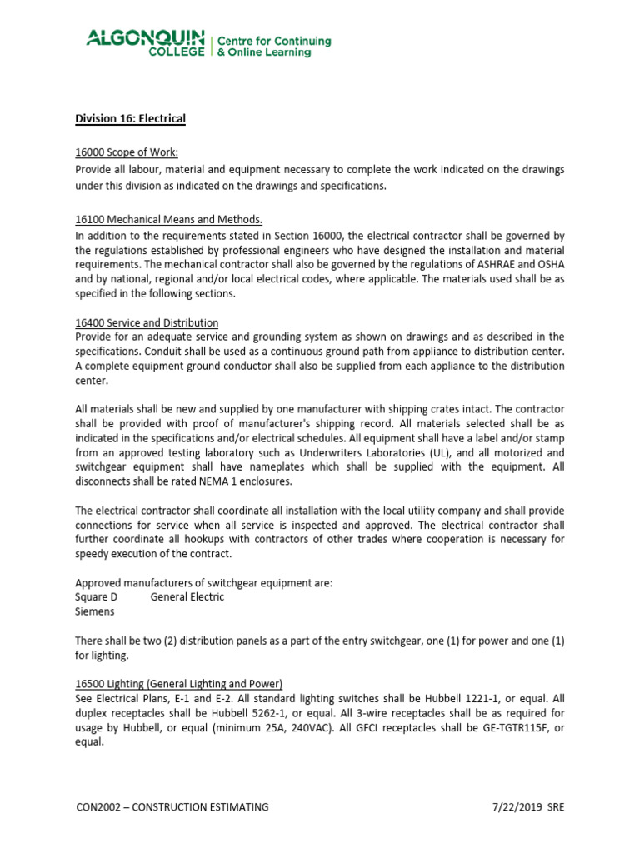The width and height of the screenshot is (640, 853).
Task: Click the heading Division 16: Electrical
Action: pos(130,119)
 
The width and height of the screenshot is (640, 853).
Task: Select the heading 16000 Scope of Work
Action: pos(127,152)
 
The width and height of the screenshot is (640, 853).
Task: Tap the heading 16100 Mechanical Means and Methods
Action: pos(168,220)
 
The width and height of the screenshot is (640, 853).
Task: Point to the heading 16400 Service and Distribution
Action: pos(147,322)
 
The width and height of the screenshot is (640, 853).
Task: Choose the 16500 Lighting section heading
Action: pos(178,683)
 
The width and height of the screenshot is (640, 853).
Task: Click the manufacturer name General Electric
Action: pos(187,596)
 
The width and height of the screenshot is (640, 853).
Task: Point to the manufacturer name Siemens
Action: pos(95,611)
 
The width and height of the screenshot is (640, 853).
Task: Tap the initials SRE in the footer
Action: pos(556,806)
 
